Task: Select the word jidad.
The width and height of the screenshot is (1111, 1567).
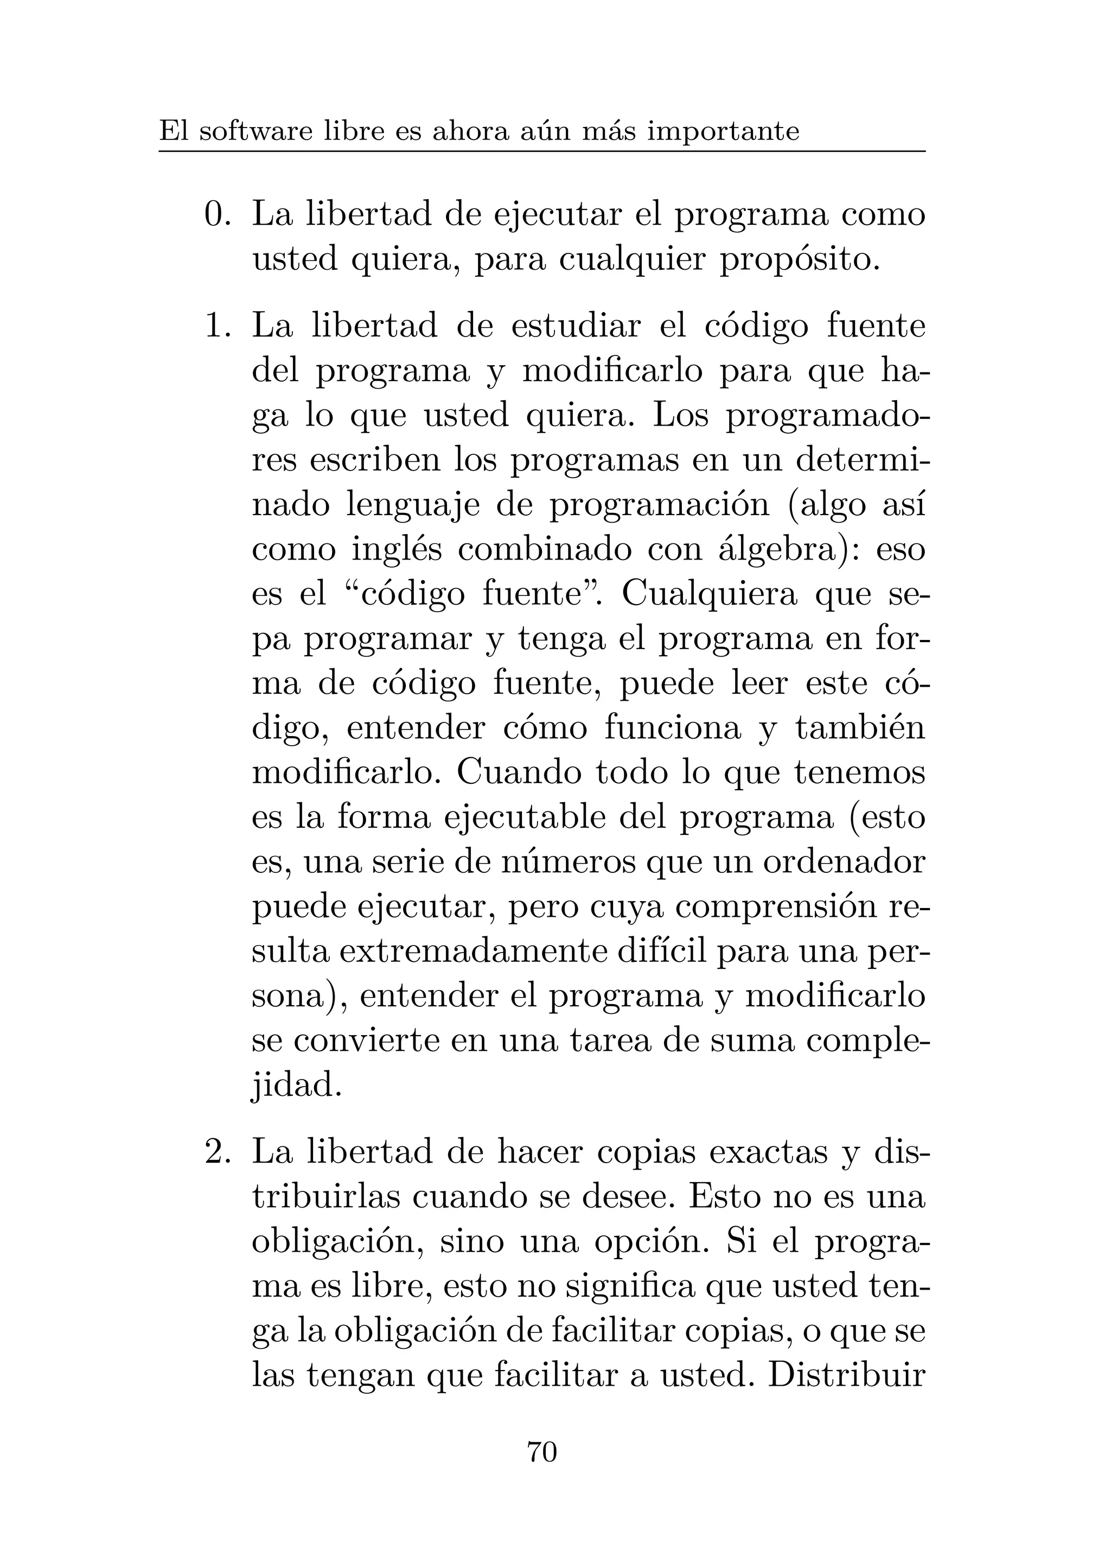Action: [296, 1086]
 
